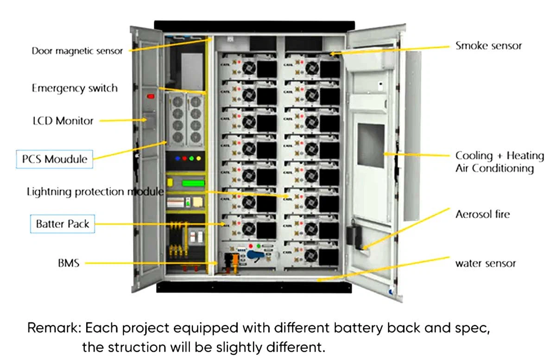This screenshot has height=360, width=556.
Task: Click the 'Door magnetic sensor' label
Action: pos(77,51)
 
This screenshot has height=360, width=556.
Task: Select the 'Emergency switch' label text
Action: pos(75,88)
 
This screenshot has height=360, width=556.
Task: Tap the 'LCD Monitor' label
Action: pos(63,121)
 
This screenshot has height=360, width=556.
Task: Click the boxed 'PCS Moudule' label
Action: pos(55,159)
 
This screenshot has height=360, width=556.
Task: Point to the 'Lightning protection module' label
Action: pos(95,191)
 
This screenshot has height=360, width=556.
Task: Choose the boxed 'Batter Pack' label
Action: pos(63,224)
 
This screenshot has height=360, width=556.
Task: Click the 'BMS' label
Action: pos(69,263)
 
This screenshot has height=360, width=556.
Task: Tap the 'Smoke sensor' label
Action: pos(488,45)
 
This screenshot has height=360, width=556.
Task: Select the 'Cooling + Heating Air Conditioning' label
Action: pos(499,162)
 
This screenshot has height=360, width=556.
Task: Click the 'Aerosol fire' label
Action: pos(482,214)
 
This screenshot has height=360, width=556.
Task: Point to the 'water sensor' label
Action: pos(485,263)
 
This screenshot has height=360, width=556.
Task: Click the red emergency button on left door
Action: pos(150,96)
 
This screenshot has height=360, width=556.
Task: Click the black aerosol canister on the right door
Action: pos(352,235)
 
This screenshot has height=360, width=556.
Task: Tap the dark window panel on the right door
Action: pos(372,146)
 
